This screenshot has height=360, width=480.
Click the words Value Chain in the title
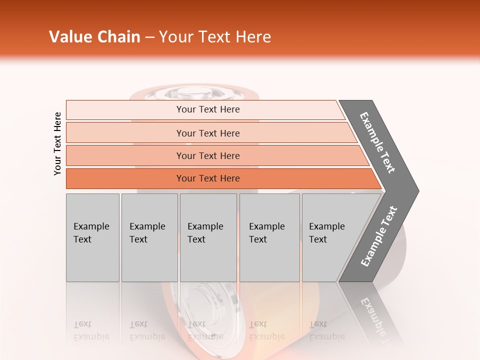[x=94, y=37]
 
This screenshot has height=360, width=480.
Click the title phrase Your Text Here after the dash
[x=215, y=37]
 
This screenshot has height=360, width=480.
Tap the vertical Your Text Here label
[x=57, y=143]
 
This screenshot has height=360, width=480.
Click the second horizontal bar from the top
[x=207, y=133]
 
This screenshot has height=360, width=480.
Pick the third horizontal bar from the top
[x=207, y=155]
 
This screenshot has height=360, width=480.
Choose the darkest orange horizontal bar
[x=207, y=178]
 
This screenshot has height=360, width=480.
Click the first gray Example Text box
[x=92, y=237]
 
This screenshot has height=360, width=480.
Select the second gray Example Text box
[x=149, y=237]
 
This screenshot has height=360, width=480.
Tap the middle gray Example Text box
[x=208, y=237]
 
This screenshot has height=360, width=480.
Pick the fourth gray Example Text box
[x=269, y=237]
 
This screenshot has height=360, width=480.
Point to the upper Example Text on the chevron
[x=377, y=142]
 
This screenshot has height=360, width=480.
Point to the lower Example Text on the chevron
[x=379, y=236]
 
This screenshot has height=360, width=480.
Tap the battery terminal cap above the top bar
[x=186, y=92]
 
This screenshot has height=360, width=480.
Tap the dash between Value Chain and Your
[x=149, y=37]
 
